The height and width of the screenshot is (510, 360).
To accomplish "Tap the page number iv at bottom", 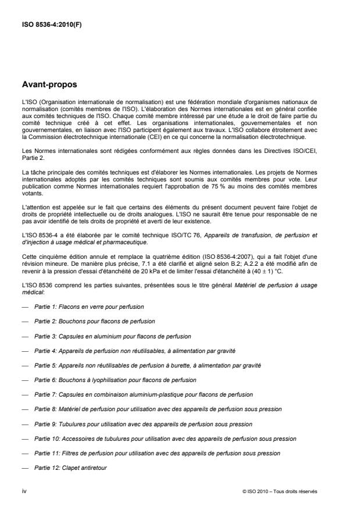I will [24, 491].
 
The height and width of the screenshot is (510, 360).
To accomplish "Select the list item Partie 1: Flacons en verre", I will [89, 306].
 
